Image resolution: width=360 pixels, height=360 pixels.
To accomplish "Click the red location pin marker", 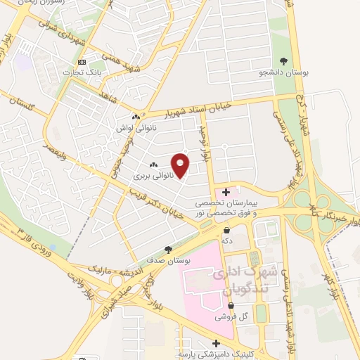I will click(181, 165).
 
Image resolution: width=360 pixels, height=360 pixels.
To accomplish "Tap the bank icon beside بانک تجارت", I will click(82, 62).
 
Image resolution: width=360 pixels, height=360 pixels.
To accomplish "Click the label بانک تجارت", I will click(78, 72).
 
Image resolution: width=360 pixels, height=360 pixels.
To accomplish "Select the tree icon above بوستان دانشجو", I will click(283, 61).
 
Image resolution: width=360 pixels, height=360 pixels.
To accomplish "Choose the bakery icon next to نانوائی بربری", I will click(153, 164).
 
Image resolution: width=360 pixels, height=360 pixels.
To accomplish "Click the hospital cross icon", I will click(226, 191).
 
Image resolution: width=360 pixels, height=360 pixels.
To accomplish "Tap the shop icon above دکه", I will click(226, 230).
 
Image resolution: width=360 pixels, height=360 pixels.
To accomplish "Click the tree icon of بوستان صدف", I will click(167, 249).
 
